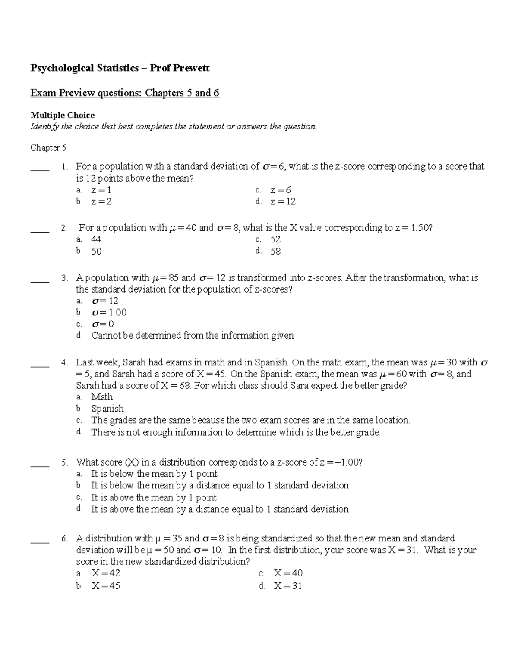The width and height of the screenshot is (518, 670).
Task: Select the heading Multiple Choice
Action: coord(62,115)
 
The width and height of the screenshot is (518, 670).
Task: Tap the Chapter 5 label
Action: coord(48,148)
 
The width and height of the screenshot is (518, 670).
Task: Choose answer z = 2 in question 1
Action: coord(101,201)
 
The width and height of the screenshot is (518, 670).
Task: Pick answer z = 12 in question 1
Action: coord(283,201)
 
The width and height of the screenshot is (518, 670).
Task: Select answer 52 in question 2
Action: coord(275,239)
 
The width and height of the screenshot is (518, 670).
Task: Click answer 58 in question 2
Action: coord(275,251)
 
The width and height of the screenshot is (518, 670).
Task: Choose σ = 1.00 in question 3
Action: coord(109,312)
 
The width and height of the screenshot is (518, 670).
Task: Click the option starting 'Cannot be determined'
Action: coord(192,336)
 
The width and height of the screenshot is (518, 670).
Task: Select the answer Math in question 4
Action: coord(102,397)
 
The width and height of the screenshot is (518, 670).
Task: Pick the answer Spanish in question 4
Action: coord(107,409)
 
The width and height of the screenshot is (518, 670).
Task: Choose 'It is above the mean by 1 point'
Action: coord(154,497)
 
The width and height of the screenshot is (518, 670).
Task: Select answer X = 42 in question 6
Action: coord(106,573)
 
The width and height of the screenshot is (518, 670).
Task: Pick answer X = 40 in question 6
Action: coord(288,573)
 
